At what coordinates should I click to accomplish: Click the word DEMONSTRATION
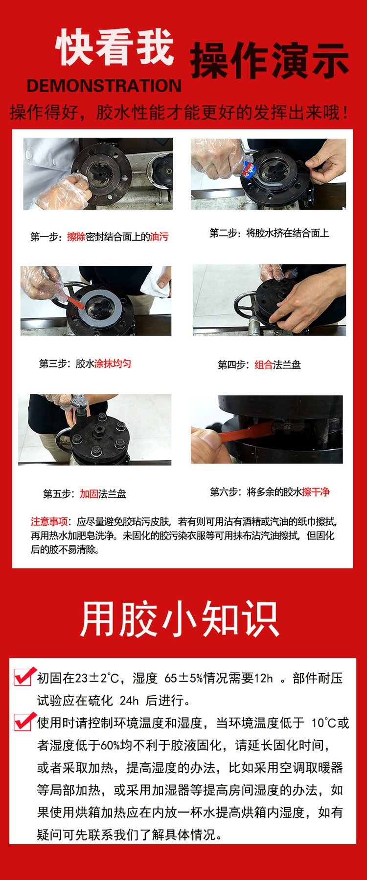pos(104,86)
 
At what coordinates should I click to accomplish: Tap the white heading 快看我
pos(115,48)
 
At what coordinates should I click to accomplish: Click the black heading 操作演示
pos(270,61)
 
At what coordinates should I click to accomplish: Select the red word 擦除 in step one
pos(76,237)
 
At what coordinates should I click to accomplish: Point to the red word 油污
pos(159,237)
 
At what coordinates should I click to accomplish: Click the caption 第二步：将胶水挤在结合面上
pos(269,233)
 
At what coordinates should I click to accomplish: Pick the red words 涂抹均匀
pos(113,364)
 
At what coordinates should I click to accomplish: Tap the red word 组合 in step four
pos(264,365)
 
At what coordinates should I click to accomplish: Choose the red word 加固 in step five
pos(89,494)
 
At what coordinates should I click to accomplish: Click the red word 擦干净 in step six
pos(316,492)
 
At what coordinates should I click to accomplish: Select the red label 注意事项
pos(49,521)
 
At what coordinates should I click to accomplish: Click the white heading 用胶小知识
pos(180,619)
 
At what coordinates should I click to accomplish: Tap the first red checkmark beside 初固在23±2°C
pos(24,677)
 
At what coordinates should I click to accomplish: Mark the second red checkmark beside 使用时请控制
pos(24,721)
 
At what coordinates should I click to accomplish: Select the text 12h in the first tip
pos(264,679)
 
